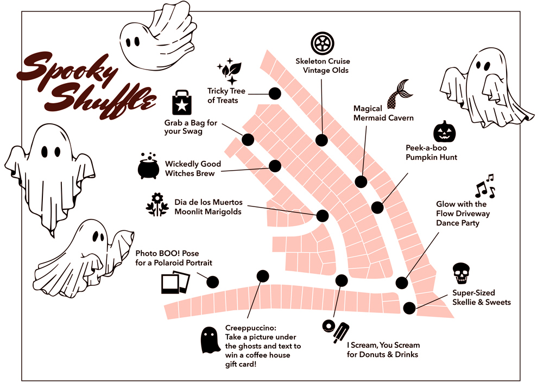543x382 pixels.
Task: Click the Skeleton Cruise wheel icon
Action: pos(323,43)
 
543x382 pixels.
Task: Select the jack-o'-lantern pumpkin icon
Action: pos(444,131)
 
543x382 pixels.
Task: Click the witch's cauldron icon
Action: pos(149,165)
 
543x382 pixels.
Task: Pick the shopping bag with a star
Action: pos(182,103)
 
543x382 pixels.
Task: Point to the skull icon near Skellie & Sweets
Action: pos(461,274)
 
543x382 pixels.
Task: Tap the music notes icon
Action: pos(485,186)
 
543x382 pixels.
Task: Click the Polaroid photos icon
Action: pos(175,282)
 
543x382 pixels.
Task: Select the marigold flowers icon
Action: pos(157,204)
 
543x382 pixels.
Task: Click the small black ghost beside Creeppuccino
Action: pos(210,340)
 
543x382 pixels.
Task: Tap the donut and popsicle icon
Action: pos(336,331)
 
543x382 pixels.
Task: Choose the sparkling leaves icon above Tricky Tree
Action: pos(230,71)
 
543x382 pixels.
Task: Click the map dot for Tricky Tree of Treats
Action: pos(275,93)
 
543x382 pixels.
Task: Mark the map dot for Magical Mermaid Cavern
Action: pos(361,181)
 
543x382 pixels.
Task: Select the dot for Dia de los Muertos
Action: pos(323,216)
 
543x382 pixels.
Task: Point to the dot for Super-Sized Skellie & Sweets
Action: pos(409,308)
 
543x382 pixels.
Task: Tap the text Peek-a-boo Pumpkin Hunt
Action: pos(431,153)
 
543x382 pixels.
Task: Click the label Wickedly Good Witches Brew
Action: pos(193,168)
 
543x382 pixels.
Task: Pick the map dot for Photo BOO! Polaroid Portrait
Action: pos(213,282)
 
